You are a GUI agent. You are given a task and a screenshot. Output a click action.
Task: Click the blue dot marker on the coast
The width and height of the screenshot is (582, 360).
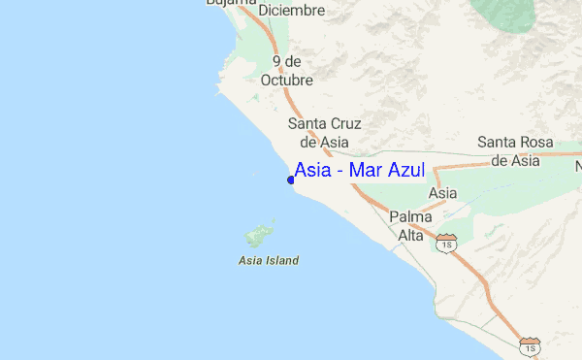(291, 180)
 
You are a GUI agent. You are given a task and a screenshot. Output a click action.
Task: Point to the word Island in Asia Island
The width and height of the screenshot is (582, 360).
(280, 260)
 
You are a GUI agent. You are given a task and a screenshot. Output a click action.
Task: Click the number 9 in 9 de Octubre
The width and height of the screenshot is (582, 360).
(277, 60)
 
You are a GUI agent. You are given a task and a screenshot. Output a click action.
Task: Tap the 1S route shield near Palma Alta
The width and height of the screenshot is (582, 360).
(447, 244)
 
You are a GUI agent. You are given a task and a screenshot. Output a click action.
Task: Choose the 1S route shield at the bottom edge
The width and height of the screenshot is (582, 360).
(530, 345)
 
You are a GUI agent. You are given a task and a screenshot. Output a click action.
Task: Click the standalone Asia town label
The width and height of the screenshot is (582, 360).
(442, 194)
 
